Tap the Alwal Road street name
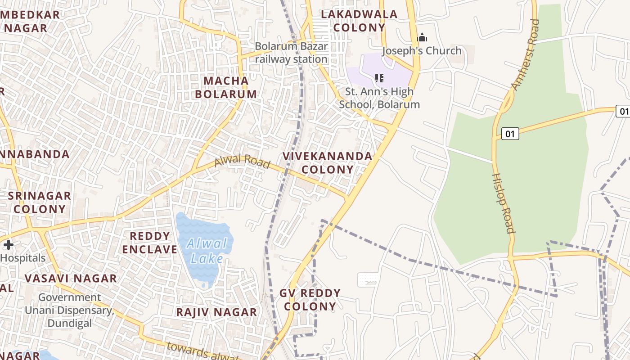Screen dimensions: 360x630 click(x=242, y=161)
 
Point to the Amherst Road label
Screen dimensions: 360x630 click(x=526, y=54)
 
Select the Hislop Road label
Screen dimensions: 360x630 click(x=503, y=203)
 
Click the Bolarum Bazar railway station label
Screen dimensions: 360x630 click(x=291, y=53)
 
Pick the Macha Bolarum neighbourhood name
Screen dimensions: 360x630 click(x=230, y=87)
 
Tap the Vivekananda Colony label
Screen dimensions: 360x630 click(x=327, y=162)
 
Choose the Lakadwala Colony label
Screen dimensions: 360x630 click(x=359, y=21)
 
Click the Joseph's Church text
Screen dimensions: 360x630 click(x=422, y=51)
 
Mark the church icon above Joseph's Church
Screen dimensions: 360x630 click(x=422, y=37)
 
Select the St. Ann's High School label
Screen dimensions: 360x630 click(x=379, y=98)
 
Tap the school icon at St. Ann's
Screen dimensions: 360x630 click(x=379, y=79)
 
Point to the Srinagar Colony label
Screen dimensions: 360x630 click(x=40, y=202)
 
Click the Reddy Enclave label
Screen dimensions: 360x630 click(x=150, y=243)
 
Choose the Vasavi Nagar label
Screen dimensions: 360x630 click(x=71, y=278)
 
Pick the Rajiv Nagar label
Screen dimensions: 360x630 click(x=216, y=312)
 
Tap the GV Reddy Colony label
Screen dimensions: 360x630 click(x=310, y=300)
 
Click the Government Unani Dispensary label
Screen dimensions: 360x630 click(x=69, y=310)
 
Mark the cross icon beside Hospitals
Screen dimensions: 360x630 click(x=8, y=245)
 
